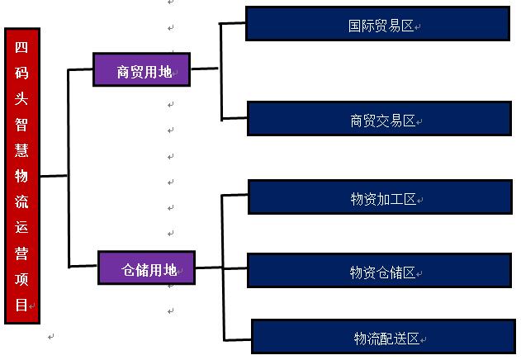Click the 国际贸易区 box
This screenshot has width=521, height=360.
[x=377, y=24]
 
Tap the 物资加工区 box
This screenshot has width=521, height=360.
[x=379, y=198]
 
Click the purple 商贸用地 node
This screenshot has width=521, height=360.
[x=141, y=71]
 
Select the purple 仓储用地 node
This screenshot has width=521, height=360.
[x=146, y=268]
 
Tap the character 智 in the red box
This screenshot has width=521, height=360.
[x=21, y=123]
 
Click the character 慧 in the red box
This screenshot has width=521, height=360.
[x=21, y=149]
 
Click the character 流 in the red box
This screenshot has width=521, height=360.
[x=21, y=201]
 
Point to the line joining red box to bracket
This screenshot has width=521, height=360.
[x=53, y=176]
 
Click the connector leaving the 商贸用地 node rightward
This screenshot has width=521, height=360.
[x=205, y=69]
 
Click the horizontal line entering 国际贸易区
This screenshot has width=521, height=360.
[x=233, y=23]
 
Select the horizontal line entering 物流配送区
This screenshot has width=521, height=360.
[x=237, y=339]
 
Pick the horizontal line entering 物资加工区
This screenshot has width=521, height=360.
[x=235, y=196]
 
